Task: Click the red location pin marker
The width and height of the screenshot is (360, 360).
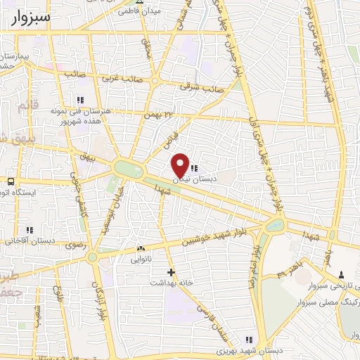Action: click(181, 165)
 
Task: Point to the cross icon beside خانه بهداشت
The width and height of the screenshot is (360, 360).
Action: click(170, 271)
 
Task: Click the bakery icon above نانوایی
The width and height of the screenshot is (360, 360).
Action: click(141, 248)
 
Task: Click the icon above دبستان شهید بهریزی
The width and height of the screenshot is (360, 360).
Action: click(247, 340)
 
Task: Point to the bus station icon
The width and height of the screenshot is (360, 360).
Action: click(11, 182)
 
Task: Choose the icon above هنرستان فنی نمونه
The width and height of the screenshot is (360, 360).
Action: click(80, 100)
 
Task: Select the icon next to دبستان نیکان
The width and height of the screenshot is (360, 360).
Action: click(195, 168)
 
